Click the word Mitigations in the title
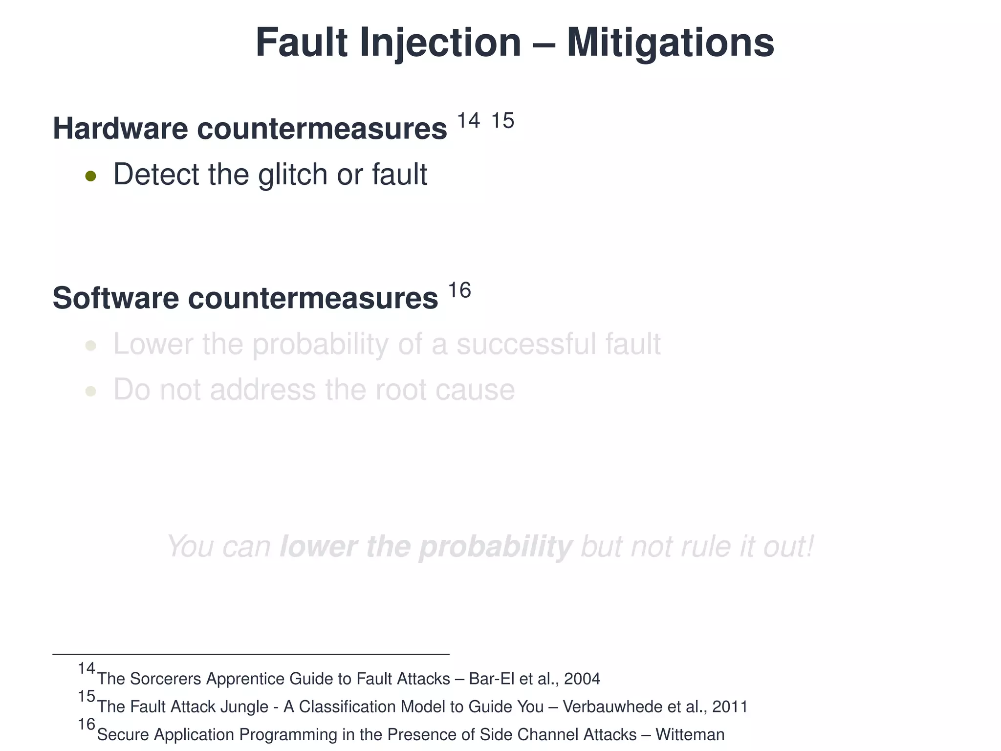(x=670, y=43)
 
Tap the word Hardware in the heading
(x=120, y=129)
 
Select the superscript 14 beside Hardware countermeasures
(x=468, y=120)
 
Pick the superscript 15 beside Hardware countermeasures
(x=502, y=120)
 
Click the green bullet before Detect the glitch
(x=90, y=176)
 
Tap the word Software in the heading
(x=116, y=298)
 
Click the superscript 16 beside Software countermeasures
(x=459, y=290)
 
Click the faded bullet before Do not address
(x=90, y=391)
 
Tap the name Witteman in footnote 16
(x=690, y=734)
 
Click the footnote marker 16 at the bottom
(x=87, y=724)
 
